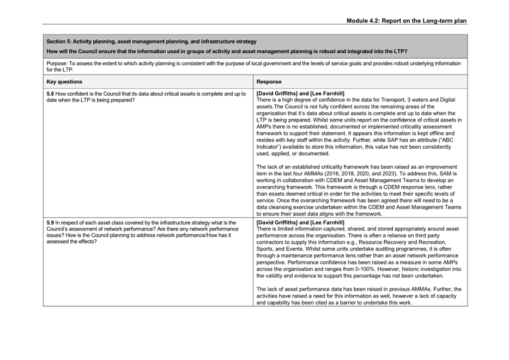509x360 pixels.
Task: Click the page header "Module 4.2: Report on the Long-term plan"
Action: point(406,21)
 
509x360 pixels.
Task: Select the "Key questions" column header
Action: point(64,82)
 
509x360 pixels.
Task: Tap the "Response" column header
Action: point(269,82)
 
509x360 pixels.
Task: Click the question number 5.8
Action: point(51,94)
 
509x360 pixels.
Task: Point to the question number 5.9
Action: point(51,223)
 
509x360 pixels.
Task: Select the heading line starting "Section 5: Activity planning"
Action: point(152,41)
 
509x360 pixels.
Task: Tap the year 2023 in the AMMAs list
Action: point(417,174)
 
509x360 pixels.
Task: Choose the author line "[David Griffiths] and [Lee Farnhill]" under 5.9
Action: point(300,223)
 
